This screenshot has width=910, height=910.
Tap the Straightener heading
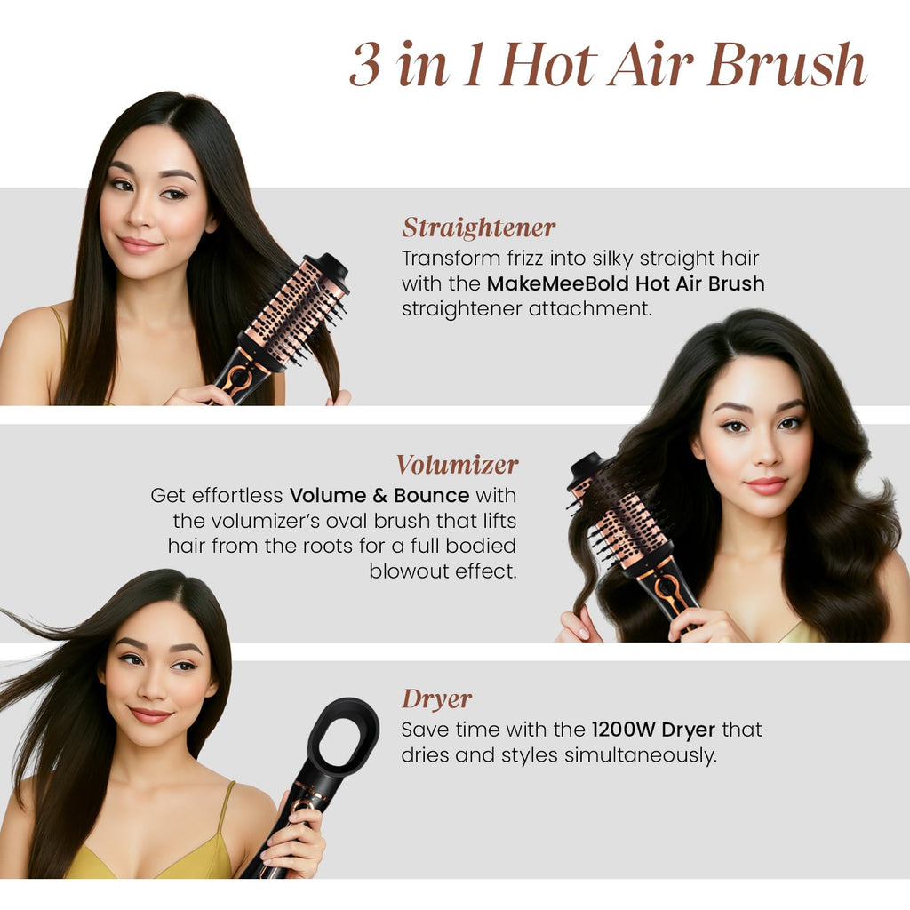[x=478, y=228]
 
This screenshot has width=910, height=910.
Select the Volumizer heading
[x=457, y=465]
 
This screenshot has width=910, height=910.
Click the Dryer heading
[x=435, y=698]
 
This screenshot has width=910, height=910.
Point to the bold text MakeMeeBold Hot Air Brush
[x=626, y=284]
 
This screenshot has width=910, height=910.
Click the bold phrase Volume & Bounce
[x=379, y=495]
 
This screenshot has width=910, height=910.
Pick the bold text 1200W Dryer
[x=653, y=730]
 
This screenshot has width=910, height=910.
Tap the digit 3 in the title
[x=364, y=65]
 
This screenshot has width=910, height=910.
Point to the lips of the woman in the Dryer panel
[x=150, y=714]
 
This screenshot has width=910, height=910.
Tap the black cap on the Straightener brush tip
[x=328, y=267]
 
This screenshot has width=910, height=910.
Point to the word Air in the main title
[x=659, y=65]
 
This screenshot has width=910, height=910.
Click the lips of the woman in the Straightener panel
[x=140, y=244]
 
